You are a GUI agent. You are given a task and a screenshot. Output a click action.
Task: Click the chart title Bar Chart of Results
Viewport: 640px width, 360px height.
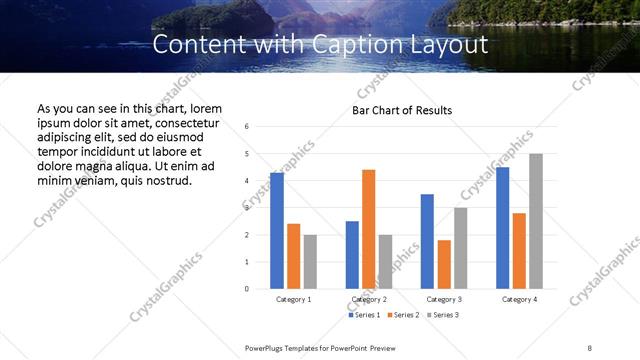(x=402, y=110)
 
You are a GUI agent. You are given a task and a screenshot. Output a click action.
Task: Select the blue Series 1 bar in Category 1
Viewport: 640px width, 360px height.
(x=277, y=231)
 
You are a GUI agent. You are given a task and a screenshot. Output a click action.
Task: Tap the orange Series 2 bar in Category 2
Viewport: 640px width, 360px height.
(x=369, y=229)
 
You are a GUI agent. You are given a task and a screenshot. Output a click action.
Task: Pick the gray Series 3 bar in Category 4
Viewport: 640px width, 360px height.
(x=536, y=221)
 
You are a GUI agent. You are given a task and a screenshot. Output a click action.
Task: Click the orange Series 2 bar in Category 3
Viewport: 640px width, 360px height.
(x=444, y=264)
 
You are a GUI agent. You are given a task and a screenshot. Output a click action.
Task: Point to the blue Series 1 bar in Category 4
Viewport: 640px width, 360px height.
(x=502, y=228)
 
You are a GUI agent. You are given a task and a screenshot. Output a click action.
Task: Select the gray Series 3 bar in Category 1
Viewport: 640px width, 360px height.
(x=310, y=262)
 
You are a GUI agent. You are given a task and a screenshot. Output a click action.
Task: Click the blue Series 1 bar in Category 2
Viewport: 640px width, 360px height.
(x=352, y=255)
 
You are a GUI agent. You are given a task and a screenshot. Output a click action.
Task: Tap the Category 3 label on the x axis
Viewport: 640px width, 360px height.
(x=444, y=299)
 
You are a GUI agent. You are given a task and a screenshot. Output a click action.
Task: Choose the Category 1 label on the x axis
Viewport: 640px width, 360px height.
(x=293, y=299)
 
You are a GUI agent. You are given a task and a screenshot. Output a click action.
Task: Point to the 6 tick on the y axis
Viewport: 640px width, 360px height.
(x=247, y=127)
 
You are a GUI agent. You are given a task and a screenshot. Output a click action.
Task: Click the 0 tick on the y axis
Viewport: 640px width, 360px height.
(x=247, y=289)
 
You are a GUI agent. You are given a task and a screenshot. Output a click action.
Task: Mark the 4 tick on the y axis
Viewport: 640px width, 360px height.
(x=247, y=181)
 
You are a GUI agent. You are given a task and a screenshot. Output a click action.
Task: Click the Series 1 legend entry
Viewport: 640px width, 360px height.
(x=364, y=315)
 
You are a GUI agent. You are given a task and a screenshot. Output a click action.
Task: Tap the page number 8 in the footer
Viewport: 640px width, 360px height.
(x=589, y=346)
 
